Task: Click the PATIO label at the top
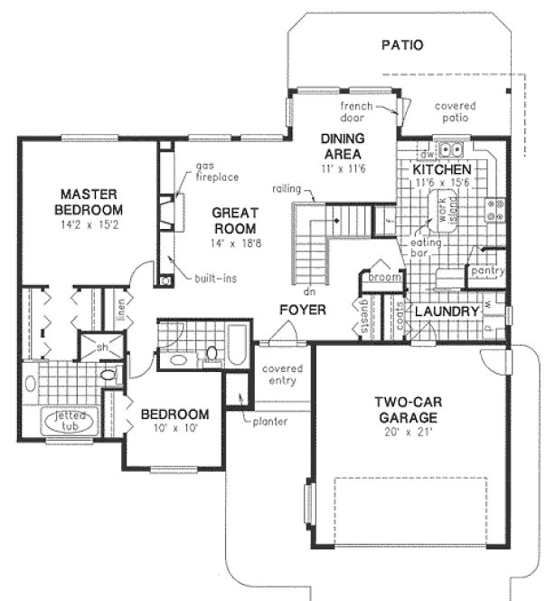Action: pos(402,44)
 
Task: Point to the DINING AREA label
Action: pos(343,145)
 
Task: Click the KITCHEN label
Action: pos(442,169)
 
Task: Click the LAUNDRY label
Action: pos(447,311)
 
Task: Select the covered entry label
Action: pos(281,376)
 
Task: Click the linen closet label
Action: pos(120,310)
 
